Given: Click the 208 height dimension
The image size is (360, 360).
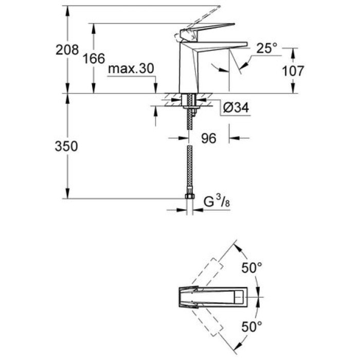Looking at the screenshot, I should (x=67, y=50).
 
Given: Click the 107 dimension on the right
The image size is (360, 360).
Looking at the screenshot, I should (x=294, y=71).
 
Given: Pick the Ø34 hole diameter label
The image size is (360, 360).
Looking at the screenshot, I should (x=238, y=107).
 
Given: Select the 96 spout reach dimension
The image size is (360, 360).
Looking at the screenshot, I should (x=208, y=138).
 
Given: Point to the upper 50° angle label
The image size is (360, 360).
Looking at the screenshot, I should (x=252, y=268).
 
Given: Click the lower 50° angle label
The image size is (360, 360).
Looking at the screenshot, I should (x=252, y=326).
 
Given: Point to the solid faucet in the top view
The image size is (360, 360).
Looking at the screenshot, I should (x=216, y=297).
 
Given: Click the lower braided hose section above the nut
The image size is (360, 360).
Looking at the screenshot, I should (x=189, y=175).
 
